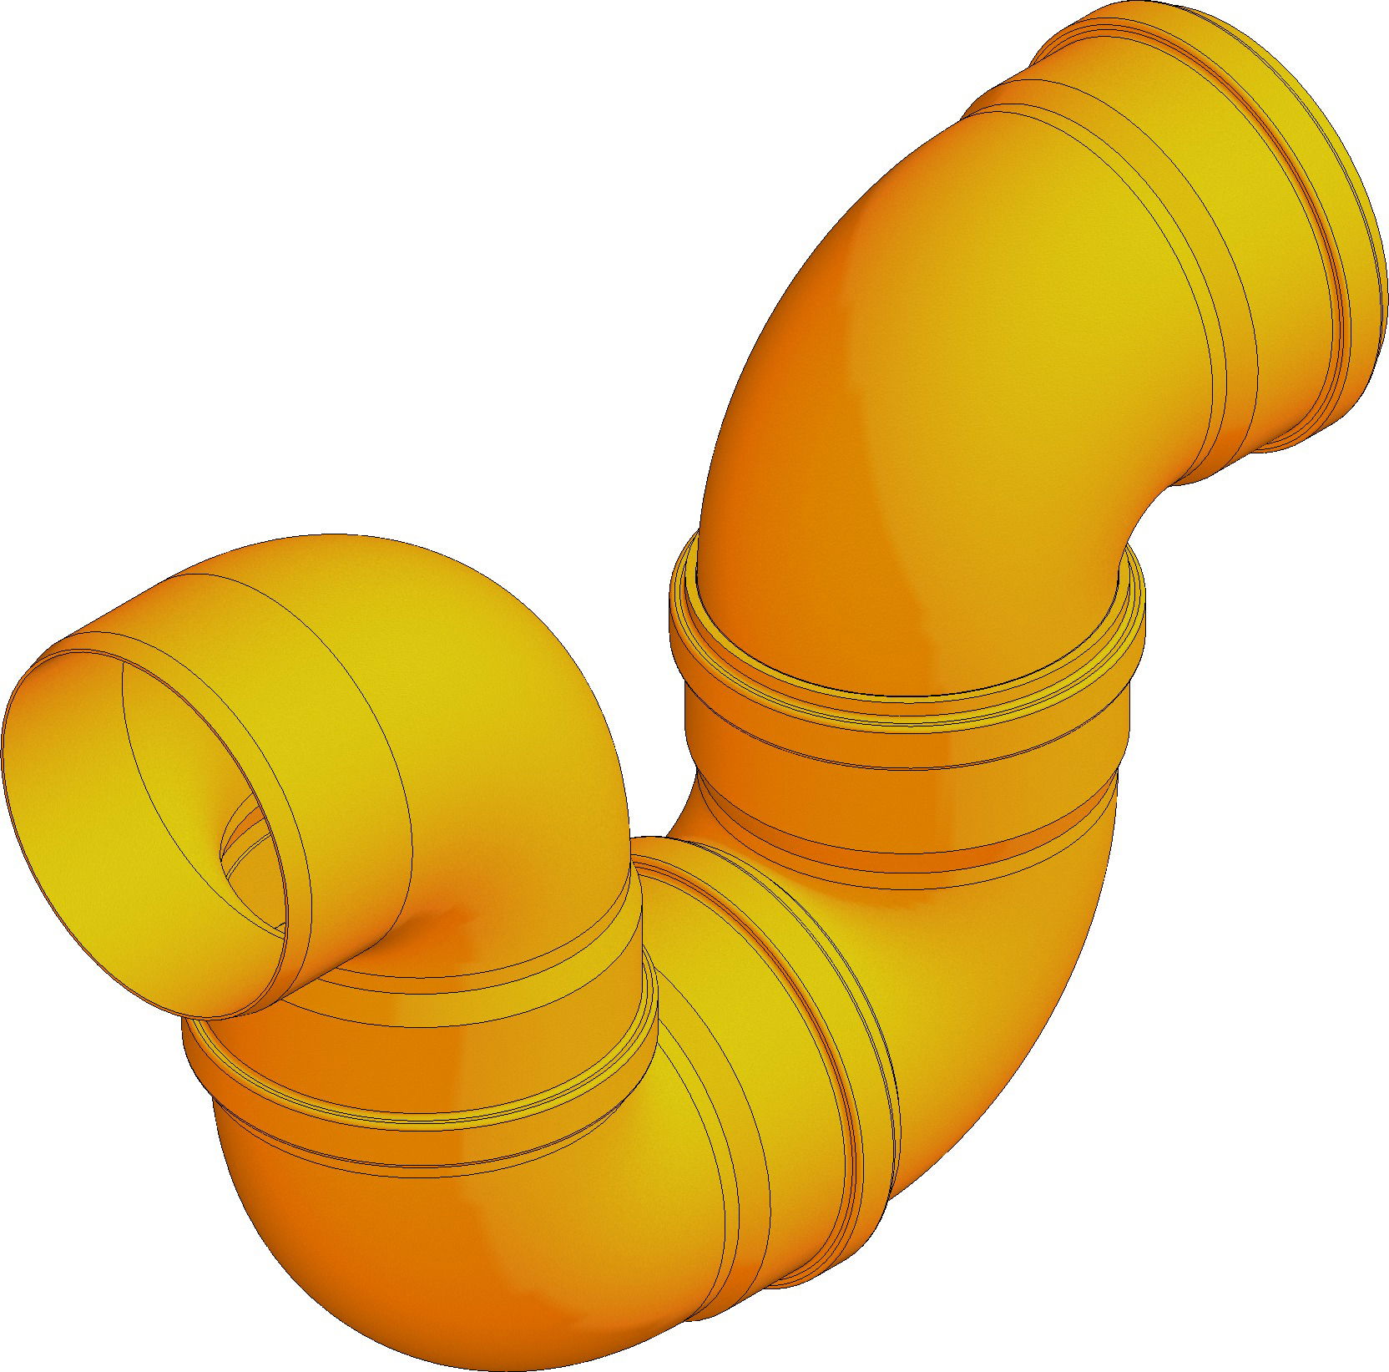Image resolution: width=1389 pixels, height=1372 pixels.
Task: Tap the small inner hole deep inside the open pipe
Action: point(250,868)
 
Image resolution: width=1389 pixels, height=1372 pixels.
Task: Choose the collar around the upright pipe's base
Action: point(902,735)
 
